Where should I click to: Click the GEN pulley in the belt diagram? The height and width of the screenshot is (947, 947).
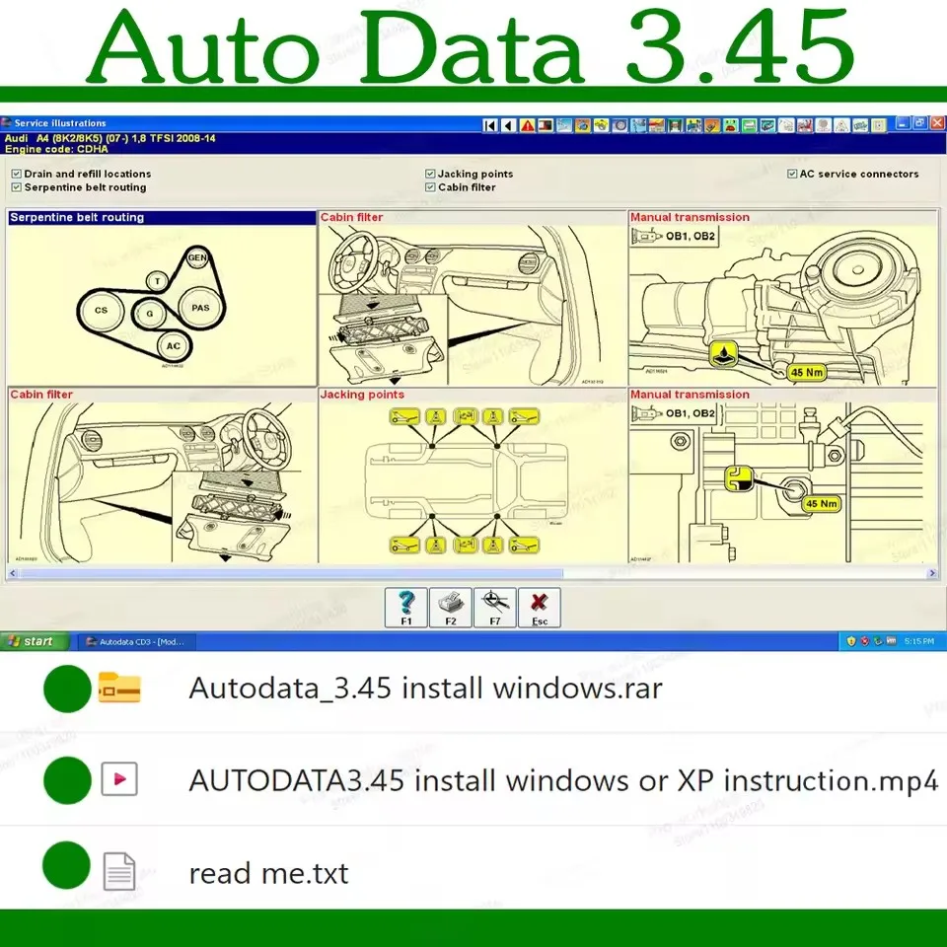pos(199,257)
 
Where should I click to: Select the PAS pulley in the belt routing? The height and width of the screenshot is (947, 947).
pos(201,308)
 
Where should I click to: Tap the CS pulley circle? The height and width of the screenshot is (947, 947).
pos(102,311)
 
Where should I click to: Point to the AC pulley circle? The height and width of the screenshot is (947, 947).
pos(174,346)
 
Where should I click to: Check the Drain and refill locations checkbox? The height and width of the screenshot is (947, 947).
pos(16,174)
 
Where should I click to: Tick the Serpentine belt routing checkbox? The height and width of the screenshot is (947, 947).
pos(16,187)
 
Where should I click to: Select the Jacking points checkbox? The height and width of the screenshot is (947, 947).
pos(430,174)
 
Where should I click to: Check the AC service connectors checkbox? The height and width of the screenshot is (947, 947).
pos(792,174)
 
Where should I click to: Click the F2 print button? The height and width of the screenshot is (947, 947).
pos(450,608)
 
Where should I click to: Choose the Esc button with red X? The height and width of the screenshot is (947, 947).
pos(540,608)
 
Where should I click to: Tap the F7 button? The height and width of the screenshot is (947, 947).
pos(495,608)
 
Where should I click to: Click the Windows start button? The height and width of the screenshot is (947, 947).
pos(35,641)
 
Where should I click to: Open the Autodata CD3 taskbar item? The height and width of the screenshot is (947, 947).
pos(136,641)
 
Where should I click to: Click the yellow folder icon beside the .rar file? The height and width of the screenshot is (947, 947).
pos(119,689)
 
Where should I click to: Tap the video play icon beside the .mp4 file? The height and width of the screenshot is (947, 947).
pos(119,780)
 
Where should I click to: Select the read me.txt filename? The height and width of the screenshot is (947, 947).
pos(268,873)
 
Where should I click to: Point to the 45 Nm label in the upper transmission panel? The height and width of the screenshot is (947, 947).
pos(807,372)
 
